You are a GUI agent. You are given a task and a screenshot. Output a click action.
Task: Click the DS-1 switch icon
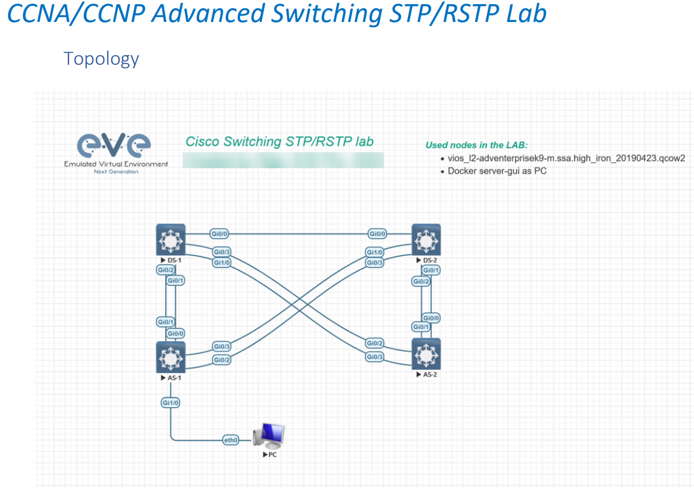171,239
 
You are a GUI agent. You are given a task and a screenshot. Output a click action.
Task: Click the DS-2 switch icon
426,239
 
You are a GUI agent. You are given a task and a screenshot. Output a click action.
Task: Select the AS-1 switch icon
171,357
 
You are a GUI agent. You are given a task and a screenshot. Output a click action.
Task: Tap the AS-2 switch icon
426,354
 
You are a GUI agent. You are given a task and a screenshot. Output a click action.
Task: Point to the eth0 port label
231,440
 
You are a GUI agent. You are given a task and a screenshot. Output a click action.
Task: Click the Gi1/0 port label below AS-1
171,402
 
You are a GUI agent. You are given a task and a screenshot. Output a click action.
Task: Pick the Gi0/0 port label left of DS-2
378,234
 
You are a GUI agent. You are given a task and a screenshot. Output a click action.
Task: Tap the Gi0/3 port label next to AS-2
375,357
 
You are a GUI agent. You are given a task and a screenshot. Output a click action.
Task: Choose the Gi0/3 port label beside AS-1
222,347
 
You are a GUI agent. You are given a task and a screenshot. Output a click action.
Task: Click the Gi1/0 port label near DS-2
375,252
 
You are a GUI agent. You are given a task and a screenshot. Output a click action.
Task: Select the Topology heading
101,58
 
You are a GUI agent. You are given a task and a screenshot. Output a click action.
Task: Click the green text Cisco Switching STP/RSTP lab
280,141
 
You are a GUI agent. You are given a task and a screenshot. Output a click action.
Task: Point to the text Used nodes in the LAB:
476,145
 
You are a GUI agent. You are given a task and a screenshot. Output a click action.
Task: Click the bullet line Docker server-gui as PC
497,171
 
